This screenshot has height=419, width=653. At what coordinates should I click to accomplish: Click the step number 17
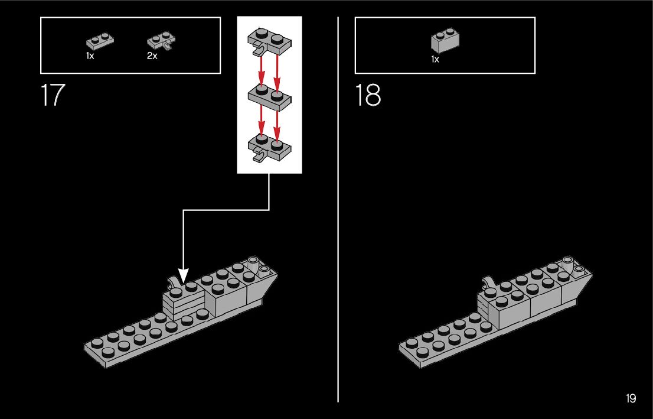53,96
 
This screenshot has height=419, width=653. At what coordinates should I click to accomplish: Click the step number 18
368,96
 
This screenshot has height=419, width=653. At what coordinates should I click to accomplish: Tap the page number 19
631,399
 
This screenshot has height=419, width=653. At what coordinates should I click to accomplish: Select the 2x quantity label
152,56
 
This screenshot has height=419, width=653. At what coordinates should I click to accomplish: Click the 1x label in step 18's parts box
435,59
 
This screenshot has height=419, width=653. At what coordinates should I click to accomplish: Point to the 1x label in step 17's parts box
90,56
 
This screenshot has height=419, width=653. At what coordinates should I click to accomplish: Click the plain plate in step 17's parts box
100,41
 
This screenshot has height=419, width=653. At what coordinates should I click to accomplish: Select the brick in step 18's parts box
446,41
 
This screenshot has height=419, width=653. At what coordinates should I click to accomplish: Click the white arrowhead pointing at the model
183,275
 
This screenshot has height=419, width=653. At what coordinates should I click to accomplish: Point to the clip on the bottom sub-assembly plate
258,157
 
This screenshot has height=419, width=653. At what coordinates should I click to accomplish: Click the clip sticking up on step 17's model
173,282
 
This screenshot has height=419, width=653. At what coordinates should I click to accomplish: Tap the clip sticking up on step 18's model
489,281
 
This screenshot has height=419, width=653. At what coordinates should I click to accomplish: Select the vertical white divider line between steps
338,236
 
